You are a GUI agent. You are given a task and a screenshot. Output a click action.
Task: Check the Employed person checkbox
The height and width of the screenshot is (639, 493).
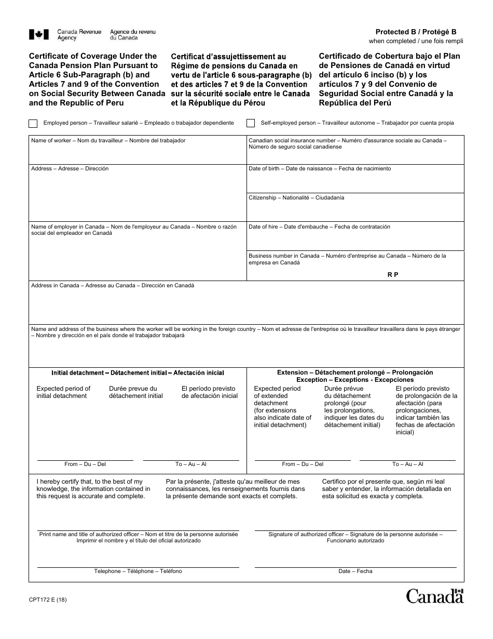pyautogui.click(x=33, y=124)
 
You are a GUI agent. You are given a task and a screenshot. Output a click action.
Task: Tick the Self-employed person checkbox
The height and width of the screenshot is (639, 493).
pyautogui.click(x=251, y=124)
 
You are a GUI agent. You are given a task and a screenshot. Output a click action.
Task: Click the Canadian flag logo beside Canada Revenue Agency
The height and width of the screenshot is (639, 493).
pyautogui.click(x=39, y=35)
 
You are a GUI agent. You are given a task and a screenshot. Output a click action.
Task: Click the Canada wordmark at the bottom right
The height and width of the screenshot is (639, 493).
pyautogui.click(x=435, y=596)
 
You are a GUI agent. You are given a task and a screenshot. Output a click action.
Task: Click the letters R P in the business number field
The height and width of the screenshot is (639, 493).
pyautogui.click(x=393, y=275)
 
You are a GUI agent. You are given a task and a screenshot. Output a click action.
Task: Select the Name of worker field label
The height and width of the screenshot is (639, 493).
pyautogui.click(x=108, y=141)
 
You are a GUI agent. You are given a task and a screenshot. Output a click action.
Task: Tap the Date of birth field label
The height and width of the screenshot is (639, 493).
pyautogui.click(x=320, y=169)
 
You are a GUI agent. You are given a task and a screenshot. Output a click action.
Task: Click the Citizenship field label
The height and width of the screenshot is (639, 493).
pyautogui.click(x=296, y=198)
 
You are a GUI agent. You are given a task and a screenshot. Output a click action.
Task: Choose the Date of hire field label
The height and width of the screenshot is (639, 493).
pyautogui.click(x=319, y=227)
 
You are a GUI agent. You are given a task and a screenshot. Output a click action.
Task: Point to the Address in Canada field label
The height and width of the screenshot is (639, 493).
pyautogui.click(x=113, y=286)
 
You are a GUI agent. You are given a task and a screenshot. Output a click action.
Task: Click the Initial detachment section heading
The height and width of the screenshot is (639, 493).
pyautogui.click(x=138, y=373)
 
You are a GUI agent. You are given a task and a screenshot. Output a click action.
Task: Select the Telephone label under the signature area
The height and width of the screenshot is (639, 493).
pyautogui.click(x=138, y=571)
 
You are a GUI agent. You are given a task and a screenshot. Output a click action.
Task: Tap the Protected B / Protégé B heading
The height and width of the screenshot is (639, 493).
pyautogui.click(x=416, y=32)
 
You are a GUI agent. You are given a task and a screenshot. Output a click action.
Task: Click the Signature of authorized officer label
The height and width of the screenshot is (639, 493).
pyautogui.click(x=355, y=537)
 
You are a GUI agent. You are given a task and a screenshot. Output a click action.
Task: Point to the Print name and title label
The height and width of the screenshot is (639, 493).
pyautogui.click(x=139, y=537)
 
